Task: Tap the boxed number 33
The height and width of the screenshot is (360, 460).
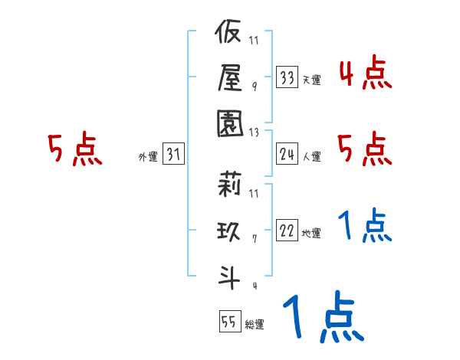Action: click(x=287, y=77)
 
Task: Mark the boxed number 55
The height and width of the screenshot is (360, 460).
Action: click(x=229, y=322)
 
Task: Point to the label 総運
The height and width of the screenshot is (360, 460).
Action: click(x=254, y=325)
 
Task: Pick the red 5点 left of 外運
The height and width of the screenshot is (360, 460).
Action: click(x=74, y=149)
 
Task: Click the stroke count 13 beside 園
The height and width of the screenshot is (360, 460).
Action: click(x=255, y=131)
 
